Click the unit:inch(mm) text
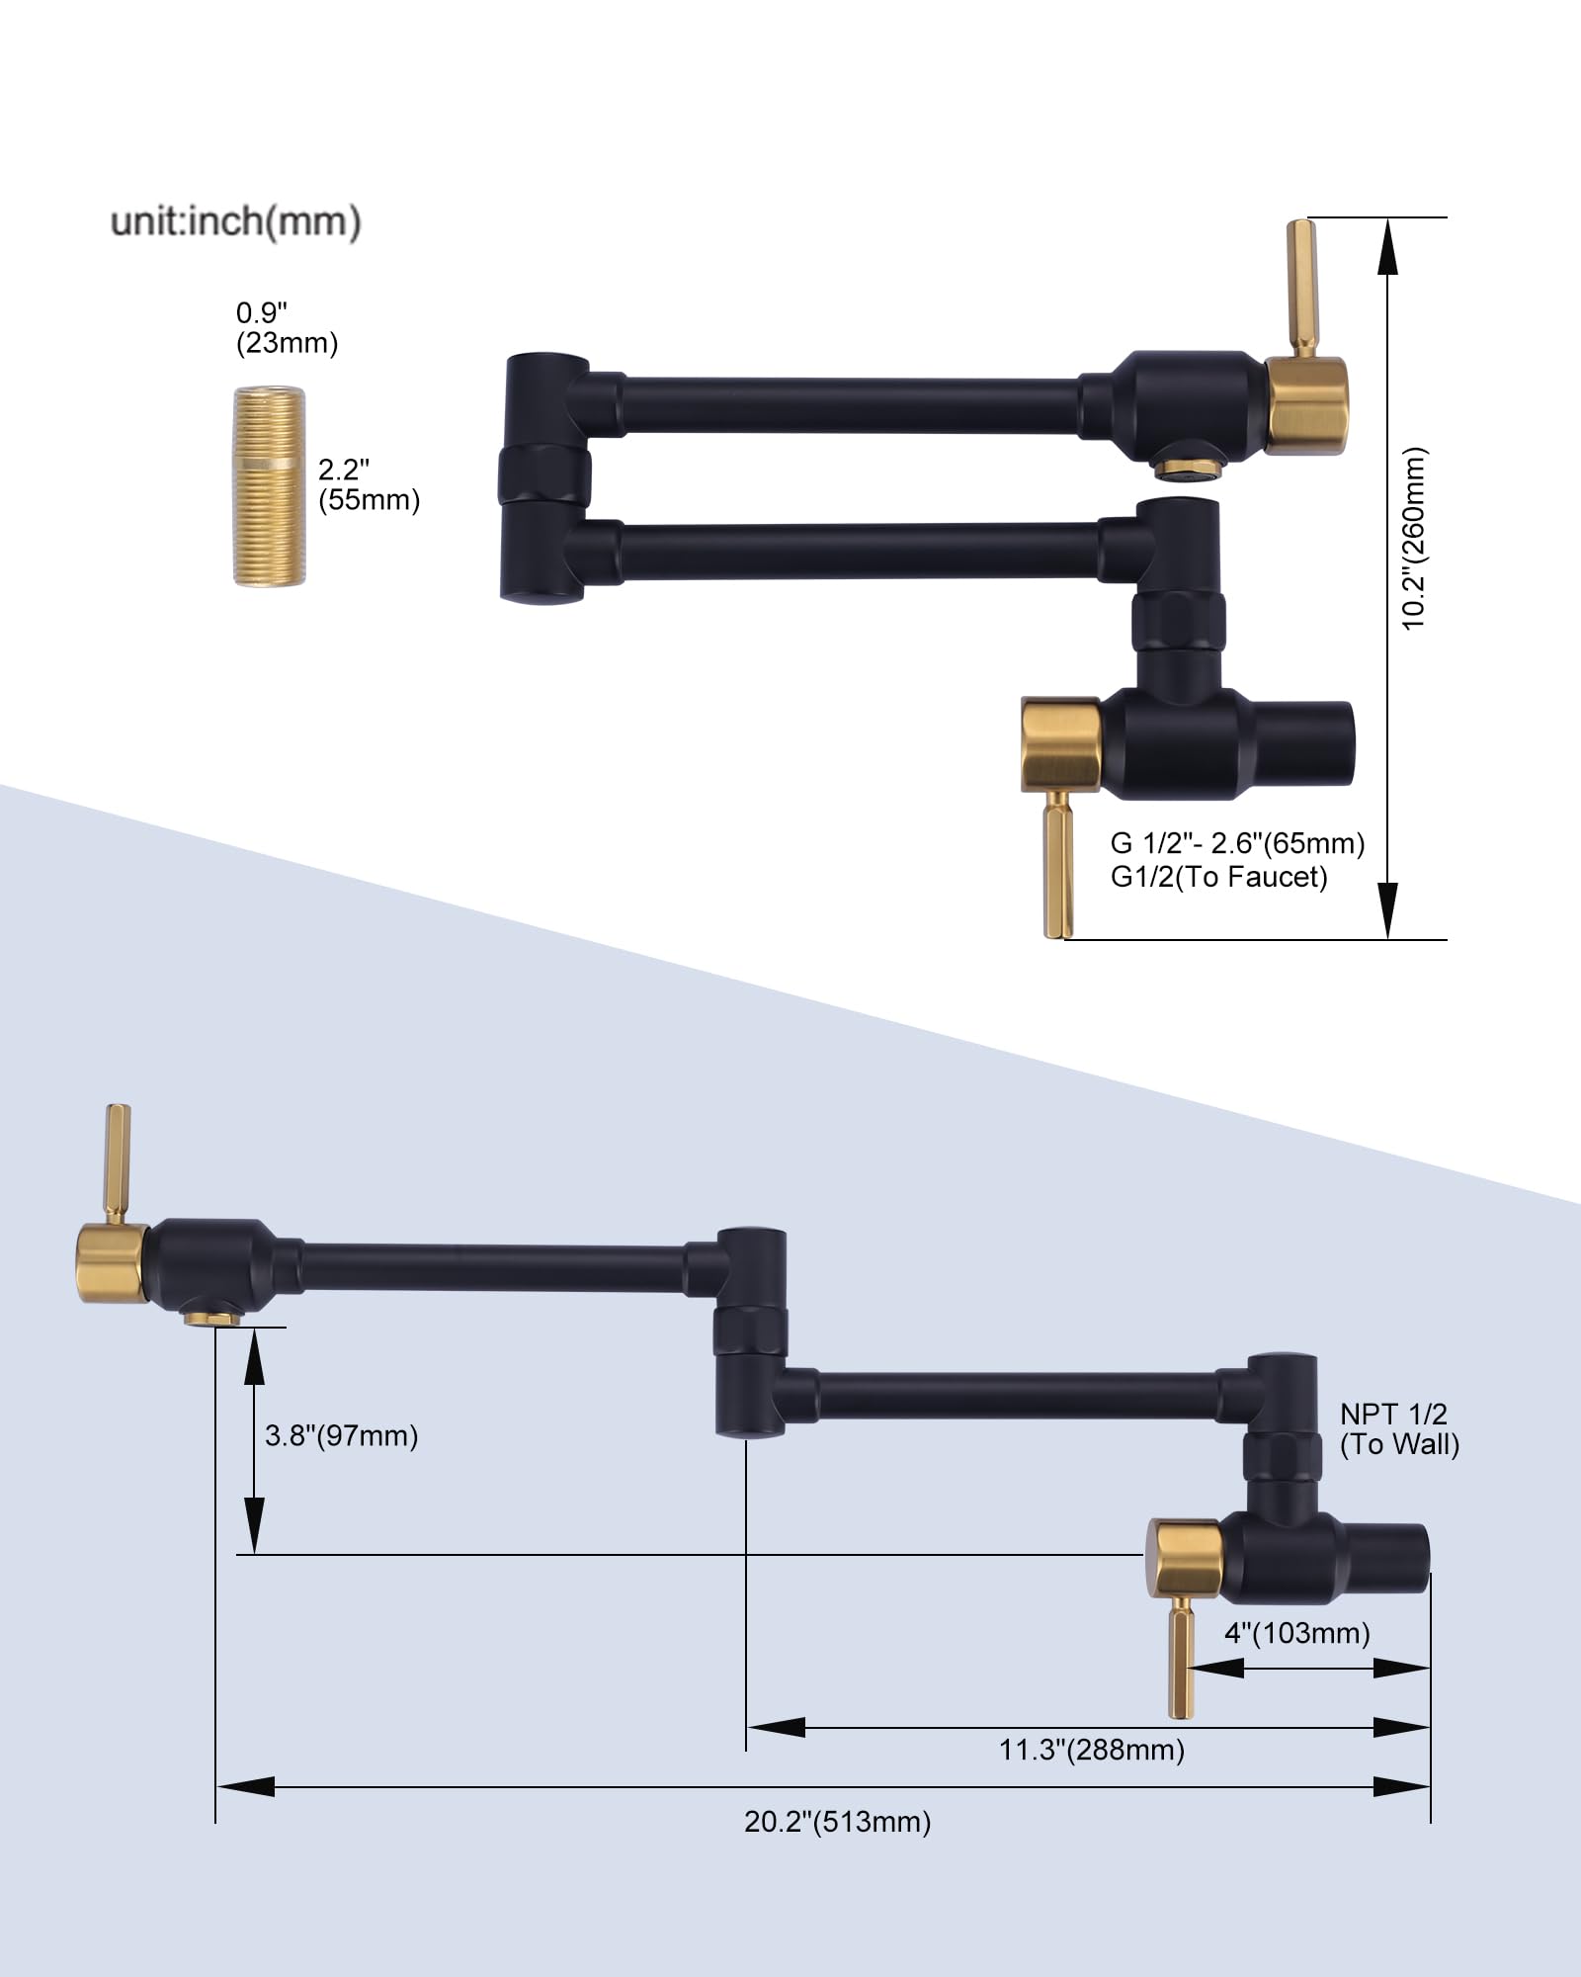click(235, 221)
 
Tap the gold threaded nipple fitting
click(269, 486)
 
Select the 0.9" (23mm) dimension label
click(286, 328)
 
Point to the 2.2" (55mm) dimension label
click(368, 484)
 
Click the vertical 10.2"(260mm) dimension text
click(1414, 539)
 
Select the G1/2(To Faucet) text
click(1218, 877)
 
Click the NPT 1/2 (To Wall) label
click(1398, 1429)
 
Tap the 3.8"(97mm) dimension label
click(341, 1435)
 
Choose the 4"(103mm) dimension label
click(1296, 1633)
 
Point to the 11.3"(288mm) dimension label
click(1091, 1751)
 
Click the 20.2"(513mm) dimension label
click(837, 1822)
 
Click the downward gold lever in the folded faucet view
click(1057, 863)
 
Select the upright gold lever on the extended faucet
click(118, 1161)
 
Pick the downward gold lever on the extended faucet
click(1181, 1657)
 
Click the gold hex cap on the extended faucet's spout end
click(111, 1263)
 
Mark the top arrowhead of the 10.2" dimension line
click(1388, 247)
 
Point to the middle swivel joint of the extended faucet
click(751, 1331)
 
